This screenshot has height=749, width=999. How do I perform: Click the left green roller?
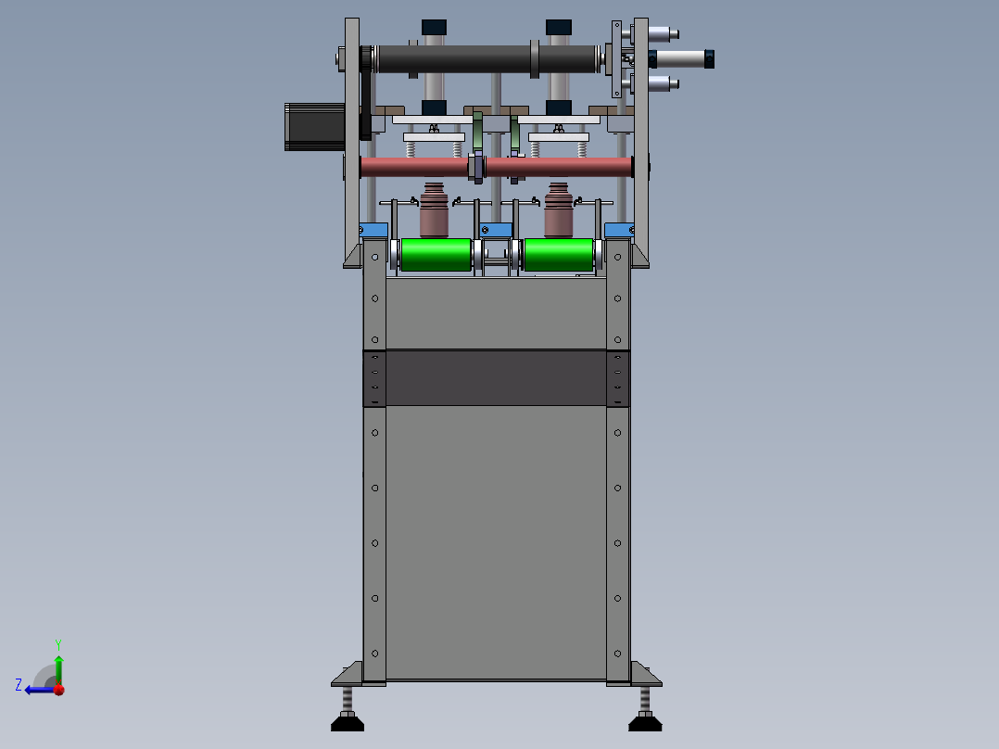coord(436,255)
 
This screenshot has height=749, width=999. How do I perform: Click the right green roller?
coord(558,255)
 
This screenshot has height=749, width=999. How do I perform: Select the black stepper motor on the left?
coord(313,126)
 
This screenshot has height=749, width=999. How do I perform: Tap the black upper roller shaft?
coord(454,60)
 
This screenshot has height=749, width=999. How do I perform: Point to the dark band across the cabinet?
coord(496,377)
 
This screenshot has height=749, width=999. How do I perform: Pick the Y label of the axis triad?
coord(57,643)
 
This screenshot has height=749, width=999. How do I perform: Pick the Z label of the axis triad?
coord(19,685)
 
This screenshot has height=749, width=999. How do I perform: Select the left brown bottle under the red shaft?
coord(434,213)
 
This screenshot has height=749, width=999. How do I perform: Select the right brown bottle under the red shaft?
coord(558,213)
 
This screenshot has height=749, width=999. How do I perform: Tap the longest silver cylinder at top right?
coord(684,59)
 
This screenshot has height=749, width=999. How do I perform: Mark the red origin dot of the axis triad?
coord(58,690)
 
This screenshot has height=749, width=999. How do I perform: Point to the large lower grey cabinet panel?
coord(496,542)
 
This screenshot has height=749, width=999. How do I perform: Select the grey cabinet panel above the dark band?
coord(496,313)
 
